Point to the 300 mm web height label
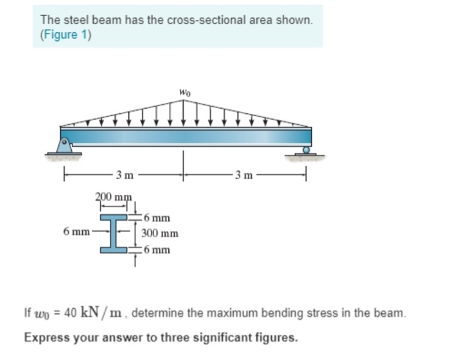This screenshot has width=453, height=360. (160, 234)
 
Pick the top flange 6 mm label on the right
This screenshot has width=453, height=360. (157, 218)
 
